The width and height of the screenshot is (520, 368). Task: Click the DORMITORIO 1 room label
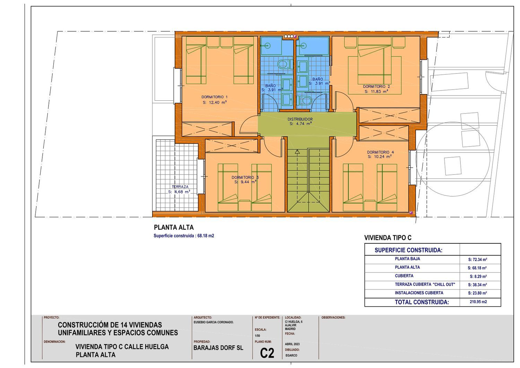click(x=215, y=97)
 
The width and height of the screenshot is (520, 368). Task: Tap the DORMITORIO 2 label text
click(x=376, y=86)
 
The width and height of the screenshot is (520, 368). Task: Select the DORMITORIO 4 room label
click(x=381, y=152)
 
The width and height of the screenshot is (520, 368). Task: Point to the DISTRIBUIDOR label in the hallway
click(x=300, y=119)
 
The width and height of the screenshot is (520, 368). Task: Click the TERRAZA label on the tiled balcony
click(x=180, y=187)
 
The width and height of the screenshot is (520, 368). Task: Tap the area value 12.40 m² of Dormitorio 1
click(x=215, y=102)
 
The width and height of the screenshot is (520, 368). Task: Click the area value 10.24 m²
click(x=380, y=157)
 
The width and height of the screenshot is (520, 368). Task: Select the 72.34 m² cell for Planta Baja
click(x=478, y=259)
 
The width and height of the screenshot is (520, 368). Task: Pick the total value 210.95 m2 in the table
click(x=478, y=302)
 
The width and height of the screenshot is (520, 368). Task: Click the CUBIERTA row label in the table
click(x=404, y=276)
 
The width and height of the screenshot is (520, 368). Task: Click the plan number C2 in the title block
click(x=267, y=353)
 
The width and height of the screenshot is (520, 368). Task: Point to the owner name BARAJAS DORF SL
click(x=218, y=348)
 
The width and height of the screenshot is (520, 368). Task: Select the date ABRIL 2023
click(x=292, y=344)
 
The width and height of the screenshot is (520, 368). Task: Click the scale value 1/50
click(x=258, y=336)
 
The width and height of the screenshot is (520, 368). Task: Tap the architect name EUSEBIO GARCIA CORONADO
click(x=214, y=322)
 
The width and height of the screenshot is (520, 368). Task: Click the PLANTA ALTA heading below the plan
click(x=174, y=227)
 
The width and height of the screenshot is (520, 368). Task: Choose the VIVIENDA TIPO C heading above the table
click(x=388, y=238)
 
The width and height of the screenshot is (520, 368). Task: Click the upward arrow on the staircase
click(x=297, y=152)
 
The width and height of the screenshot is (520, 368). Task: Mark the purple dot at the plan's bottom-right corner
click(x=411, y=212)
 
